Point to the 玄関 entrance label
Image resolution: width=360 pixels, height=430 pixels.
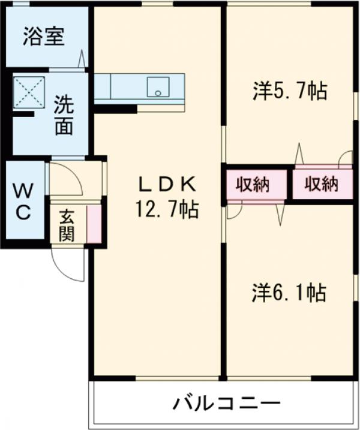point(67,225)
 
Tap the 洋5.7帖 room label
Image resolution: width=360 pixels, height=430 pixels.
point(289,92)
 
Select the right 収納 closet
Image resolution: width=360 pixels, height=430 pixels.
point(320,184)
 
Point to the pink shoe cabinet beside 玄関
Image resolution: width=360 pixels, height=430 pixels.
point(94,223)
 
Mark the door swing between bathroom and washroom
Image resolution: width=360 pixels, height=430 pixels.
point(80,61)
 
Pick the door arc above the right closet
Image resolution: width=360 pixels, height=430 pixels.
point(345,159)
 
